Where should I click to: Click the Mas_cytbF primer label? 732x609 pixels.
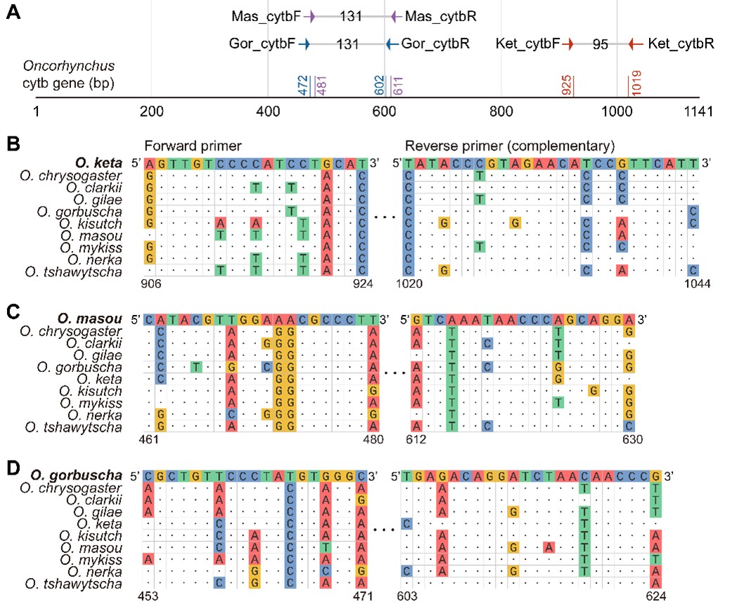[266, 17]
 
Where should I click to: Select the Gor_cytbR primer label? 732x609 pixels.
[435, 44]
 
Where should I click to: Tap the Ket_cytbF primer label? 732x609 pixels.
[527, 44]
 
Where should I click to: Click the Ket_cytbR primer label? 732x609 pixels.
[681, 44]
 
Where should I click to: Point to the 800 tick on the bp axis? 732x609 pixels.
[501, 112]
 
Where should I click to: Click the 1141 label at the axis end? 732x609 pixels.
[698, 112]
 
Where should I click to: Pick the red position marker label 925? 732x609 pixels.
[567, 85]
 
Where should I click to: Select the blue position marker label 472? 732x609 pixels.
[303, 85]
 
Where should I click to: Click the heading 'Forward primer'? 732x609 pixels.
[193, 146]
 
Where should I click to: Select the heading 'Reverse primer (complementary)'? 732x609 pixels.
[510, 146]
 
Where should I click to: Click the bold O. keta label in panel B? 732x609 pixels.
[98, 163]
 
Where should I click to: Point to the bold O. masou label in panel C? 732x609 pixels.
[89, 319]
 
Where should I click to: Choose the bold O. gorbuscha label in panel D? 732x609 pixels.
[76, 475]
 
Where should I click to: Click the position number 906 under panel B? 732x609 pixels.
[150, 283]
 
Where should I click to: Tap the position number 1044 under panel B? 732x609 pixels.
[698, 283]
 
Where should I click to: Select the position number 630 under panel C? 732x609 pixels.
[633, 440]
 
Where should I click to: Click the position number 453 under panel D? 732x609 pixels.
[148, 596]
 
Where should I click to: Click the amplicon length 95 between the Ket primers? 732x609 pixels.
[601, 44]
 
